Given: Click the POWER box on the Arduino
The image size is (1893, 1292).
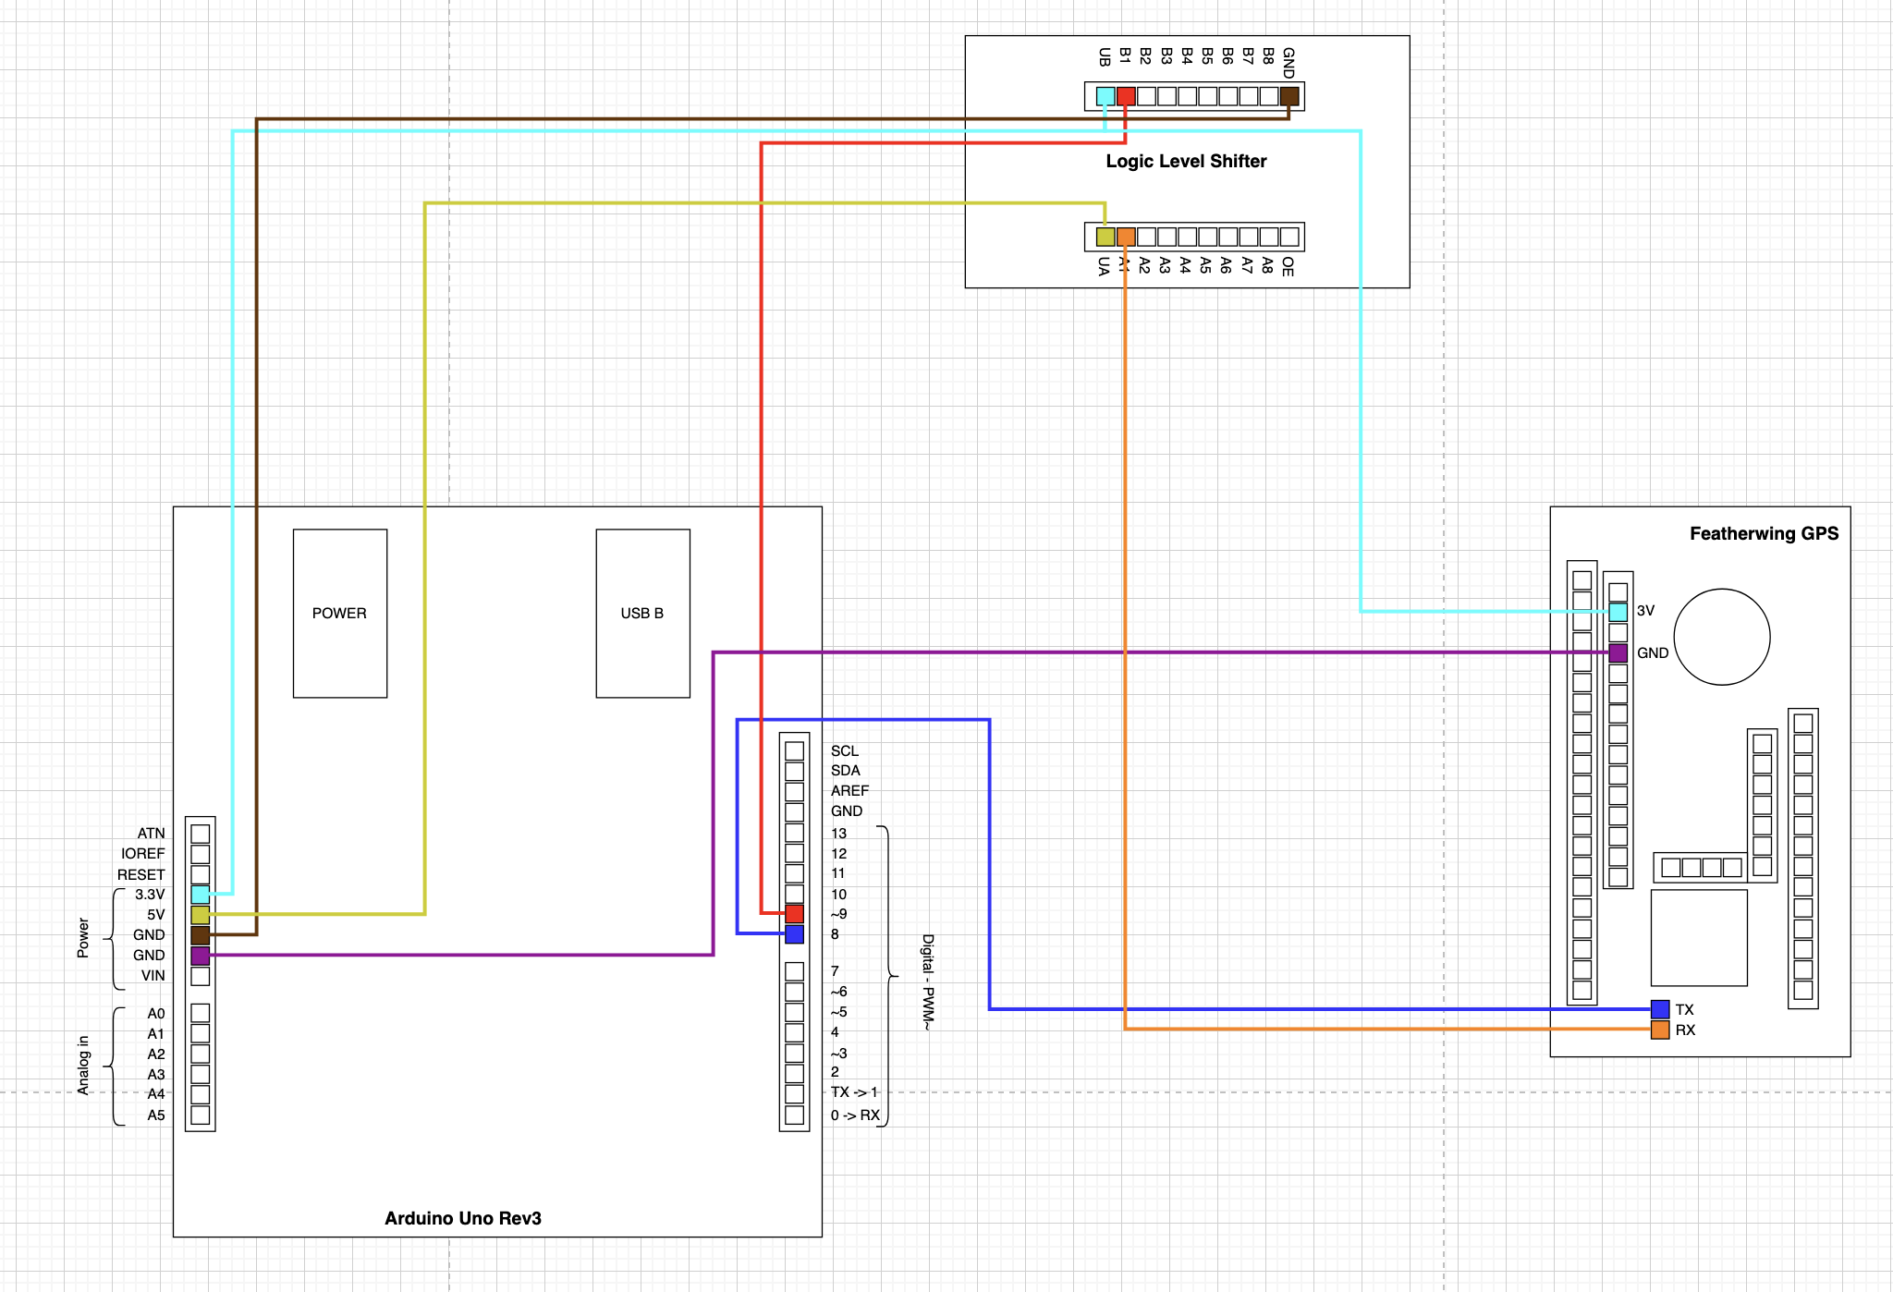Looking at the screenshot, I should (339, 613).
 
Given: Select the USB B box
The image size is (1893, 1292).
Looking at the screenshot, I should (642, 613).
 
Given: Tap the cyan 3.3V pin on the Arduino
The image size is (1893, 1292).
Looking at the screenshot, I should (200, 895).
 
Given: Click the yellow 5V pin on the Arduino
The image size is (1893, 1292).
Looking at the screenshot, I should (200, 915).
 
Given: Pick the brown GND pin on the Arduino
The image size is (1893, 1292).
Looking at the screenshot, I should (200, 935).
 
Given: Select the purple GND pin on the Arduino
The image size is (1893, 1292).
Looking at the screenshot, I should (200, 956).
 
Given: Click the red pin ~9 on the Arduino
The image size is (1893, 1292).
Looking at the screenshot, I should (794, 914).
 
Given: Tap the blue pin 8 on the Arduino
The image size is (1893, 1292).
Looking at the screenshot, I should (794, 934).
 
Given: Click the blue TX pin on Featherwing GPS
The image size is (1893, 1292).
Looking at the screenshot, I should (1660, 1009).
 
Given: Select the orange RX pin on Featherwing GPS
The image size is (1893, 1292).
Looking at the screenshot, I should (1660, 1030).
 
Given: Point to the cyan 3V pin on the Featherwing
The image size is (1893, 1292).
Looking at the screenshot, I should (1618, 612).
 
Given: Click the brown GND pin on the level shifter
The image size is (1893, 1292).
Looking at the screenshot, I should (1289, 96).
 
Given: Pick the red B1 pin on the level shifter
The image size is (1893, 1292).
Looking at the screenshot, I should (1126, 96).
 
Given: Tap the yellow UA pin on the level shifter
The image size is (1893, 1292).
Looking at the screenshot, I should (1105, 237).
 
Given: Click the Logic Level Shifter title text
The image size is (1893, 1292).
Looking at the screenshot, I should (1186, 161).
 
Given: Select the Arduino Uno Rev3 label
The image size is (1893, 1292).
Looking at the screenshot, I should (463, 1218).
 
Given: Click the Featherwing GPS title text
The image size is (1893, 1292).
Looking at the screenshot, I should (1764, 533).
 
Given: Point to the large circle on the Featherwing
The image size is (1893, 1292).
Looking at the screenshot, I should (1722, 637).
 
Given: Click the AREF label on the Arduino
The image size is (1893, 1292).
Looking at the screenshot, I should (849, 791).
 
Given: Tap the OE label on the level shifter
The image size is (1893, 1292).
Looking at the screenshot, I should (1288, 267).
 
